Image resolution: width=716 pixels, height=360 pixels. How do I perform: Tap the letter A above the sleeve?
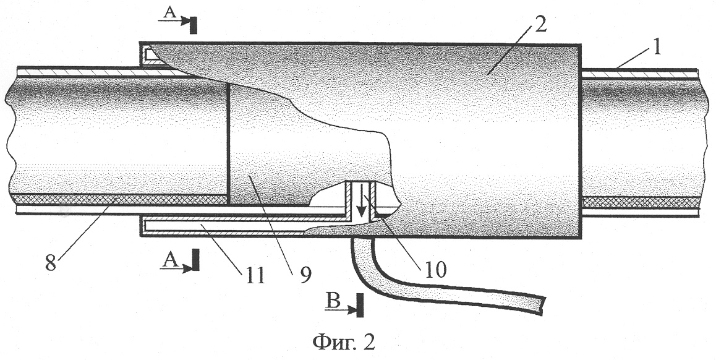click(x=169, y=13)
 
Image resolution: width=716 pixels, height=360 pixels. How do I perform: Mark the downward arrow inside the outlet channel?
click(x=360, y=199)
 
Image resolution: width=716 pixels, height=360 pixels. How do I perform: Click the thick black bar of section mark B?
click(x=360, y=304)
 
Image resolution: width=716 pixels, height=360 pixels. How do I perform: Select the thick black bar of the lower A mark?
click(x=195, y=260)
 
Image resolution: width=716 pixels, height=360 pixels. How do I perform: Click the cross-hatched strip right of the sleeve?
click(x=641, y=202)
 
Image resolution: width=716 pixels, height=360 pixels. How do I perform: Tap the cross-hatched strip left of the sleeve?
click(x=119, y=199)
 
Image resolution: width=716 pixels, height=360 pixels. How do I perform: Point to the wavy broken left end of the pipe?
click(x=10, y=142)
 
